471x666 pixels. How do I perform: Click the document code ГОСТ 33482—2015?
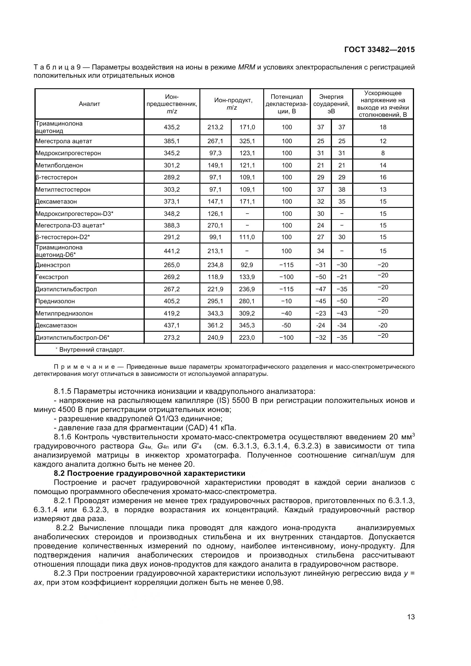tap(379, 50)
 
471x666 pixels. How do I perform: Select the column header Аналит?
tap(89, 104)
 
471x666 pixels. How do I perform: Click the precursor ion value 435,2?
tap(172, 127)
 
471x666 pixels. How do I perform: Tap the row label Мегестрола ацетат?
tap(64, 141)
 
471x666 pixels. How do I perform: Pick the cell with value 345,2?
tap(172, 153)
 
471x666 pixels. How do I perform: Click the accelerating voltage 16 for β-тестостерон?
tap(383, 177)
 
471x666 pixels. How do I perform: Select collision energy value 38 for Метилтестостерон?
tap(342, 189)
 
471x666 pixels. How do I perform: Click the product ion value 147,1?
tap(215, 201)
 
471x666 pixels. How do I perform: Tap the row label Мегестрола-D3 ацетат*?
tap(70, 226)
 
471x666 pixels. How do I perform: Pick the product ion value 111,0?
tap(247, 237)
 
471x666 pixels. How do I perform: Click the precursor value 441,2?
tap(172, 251)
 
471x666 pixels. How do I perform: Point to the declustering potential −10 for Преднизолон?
tap(286, 301)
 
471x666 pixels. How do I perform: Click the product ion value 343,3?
tap(215, 313)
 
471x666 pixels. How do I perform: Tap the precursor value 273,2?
tap(172, 337)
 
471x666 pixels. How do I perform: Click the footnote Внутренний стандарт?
tap(91, 350)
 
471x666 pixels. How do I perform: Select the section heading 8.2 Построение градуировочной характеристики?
tap(150, 474)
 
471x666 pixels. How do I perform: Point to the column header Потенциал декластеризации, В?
tap(286, 104)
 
